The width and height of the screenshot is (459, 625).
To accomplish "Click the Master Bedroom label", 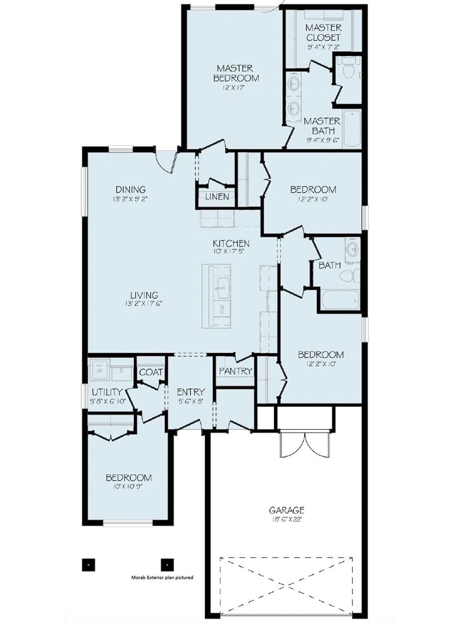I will tap(236, 73).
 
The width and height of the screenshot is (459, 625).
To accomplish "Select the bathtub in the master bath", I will tap(351, 129).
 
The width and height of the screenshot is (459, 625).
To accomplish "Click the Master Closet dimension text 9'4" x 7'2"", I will tap(323, 47).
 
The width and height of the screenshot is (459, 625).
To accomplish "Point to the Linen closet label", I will tap(217, 197).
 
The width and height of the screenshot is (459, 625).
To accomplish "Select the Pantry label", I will tap(236, 371).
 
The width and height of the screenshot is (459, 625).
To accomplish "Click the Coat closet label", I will tap(151, 372).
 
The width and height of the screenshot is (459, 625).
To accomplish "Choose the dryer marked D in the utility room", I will tap(121, 370).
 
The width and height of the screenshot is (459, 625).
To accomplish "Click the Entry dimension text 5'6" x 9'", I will tap(191, 401).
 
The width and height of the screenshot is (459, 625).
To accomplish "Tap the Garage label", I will tap(287, 510).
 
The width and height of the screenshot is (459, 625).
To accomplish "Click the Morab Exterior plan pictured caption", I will tap(162, 578).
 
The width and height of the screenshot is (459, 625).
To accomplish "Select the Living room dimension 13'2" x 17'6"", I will tap(144, 304).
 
